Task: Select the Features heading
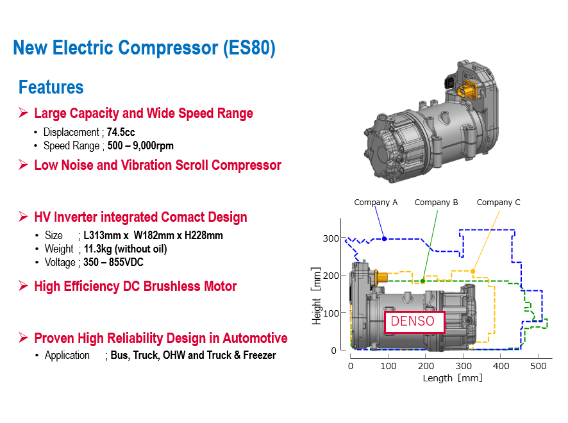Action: click(51, 87)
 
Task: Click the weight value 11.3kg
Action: click(100, 249)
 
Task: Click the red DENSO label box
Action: click(413, 321)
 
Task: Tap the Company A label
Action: click(376, 203)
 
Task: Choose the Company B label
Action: click(436, 203)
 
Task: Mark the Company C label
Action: click(498, 203)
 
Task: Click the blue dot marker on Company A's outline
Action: click(384, 239)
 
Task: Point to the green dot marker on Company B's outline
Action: click(422, 281)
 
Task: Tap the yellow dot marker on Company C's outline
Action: click(472, 271)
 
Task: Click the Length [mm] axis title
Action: click(452, 378)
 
